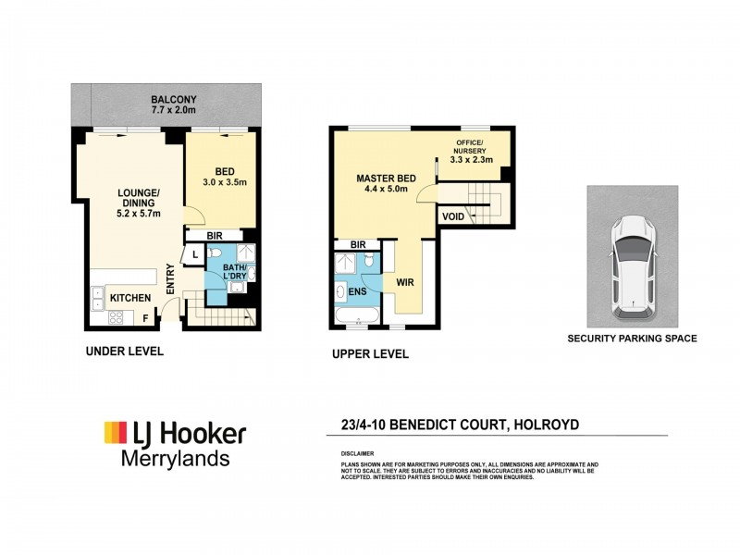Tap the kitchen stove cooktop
pos(117,317)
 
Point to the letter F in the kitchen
pos(145,318)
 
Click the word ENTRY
pos(170,279)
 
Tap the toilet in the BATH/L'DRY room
pos(215,254)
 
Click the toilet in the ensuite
pos(369,265)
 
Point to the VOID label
pos(453,216)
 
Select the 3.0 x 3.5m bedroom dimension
pos(225,183)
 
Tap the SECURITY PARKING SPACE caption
pos(632,339)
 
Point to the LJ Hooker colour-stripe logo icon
pos(114,432)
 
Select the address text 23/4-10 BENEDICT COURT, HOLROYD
pos(460,425)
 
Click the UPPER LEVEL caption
pos(370,354)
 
